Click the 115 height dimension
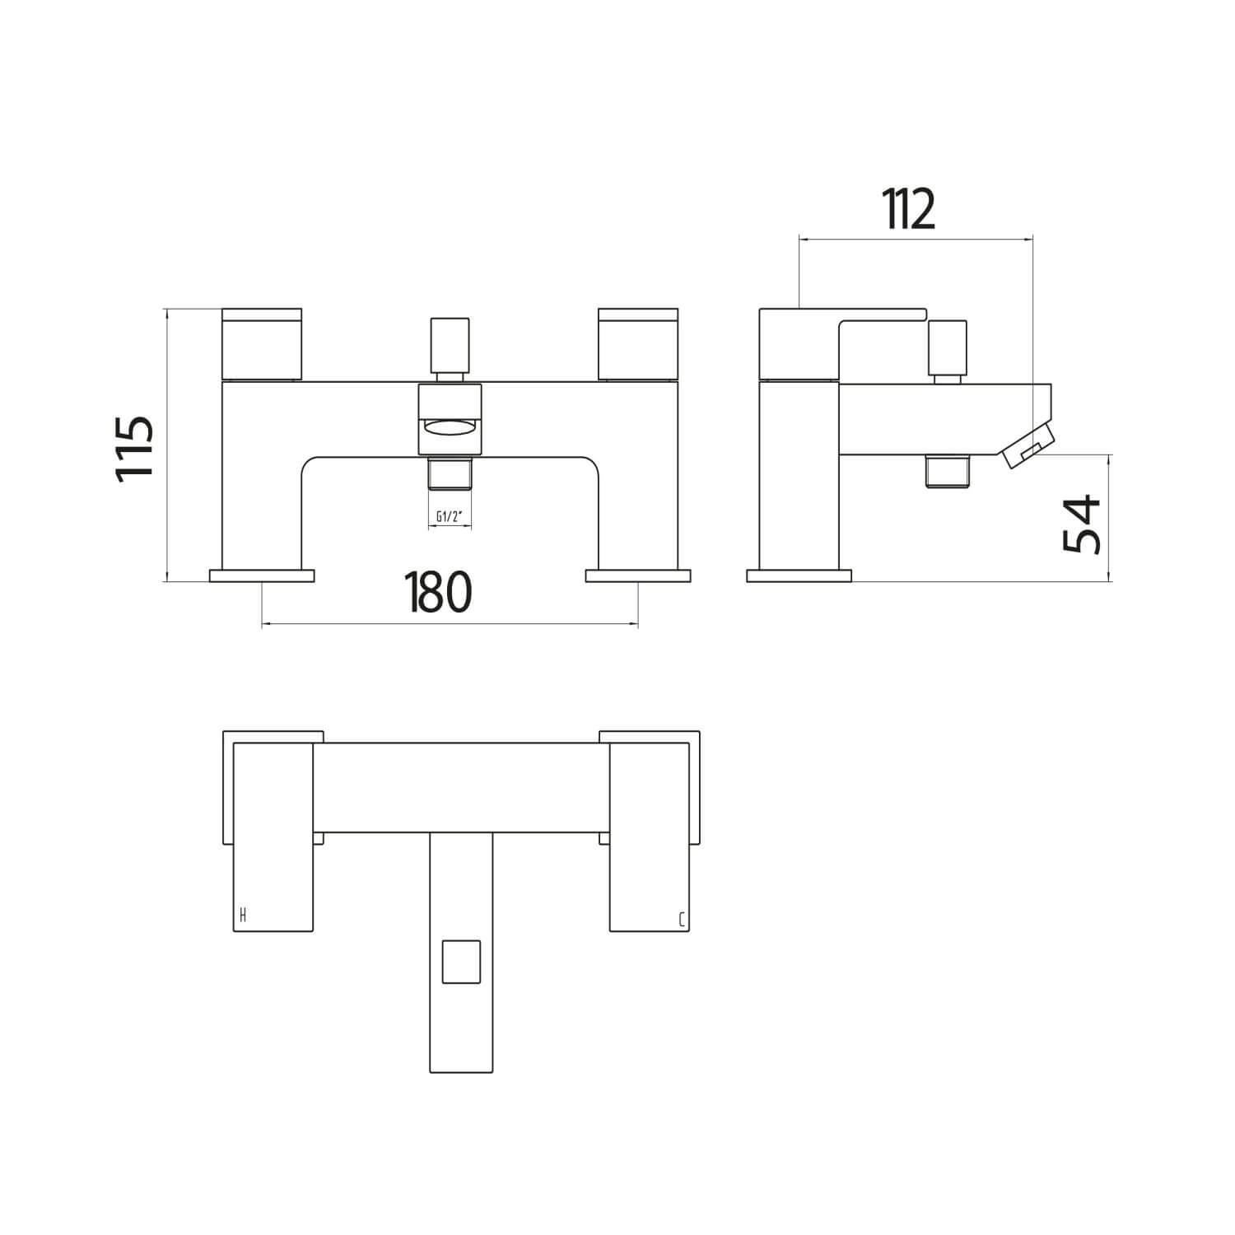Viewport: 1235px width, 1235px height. coord(134,449)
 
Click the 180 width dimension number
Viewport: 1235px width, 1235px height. coord(438,592)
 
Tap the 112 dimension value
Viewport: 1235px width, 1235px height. coord(910,210)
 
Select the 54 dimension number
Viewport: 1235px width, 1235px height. coord(1081,524)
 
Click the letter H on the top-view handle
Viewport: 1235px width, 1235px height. coord(242,914)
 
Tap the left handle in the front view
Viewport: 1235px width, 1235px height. coord(262,346)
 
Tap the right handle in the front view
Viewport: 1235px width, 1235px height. coord(638,346)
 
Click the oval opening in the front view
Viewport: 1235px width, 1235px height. coord(449,427)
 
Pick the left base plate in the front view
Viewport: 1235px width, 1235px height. coord(262,576)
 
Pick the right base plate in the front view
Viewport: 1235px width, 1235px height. coord(638,576)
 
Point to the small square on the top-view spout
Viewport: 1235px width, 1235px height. coord(461,961)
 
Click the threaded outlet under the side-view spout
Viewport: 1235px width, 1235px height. coord(947,471)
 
